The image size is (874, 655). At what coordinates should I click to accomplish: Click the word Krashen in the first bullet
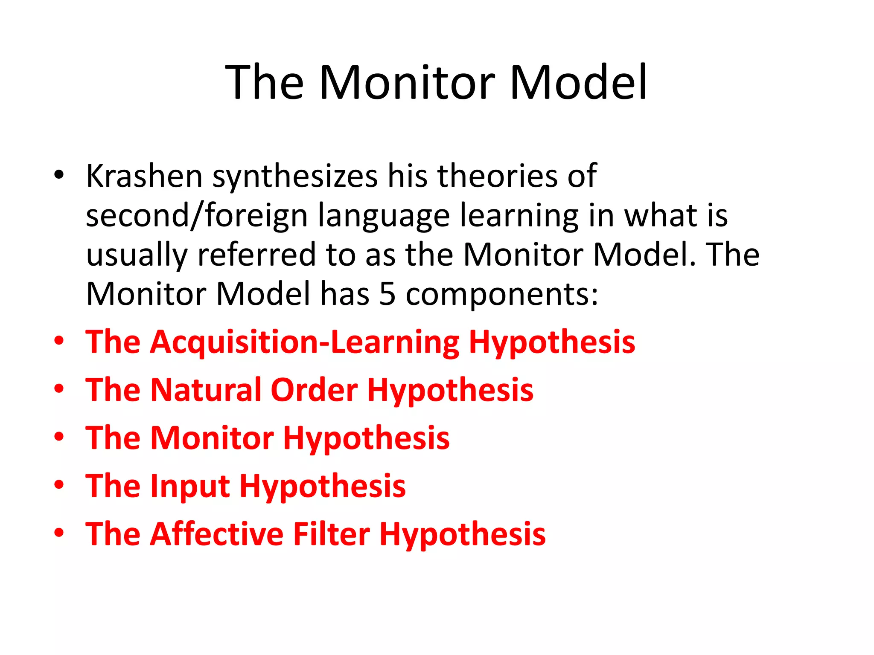[144, 176]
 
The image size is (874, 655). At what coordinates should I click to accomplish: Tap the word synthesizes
[295, 177]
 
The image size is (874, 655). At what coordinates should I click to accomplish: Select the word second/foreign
[197, 215]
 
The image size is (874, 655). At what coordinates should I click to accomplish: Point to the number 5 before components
[387, 294]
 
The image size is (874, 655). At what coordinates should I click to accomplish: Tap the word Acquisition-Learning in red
[305, 342]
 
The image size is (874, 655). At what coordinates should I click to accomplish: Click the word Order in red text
[314, 390]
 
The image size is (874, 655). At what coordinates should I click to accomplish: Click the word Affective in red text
[217, 534]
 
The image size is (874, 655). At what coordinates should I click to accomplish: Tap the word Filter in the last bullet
[332, 534]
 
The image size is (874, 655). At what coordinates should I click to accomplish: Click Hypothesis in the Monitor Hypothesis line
[366, 439]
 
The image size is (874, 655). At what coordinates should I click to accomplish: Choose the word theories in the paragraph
[497, 176]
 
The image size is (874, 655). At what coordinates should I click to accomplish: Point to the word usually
[137, 255]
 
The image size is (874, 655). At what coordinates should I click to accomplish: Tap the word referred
[256, 255]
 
